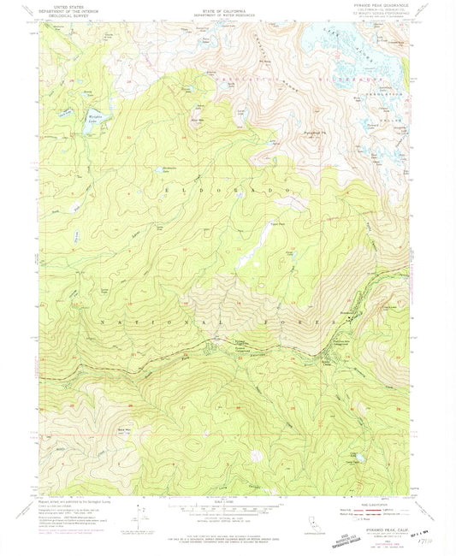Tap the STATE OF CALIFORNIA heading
[228, 5]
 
